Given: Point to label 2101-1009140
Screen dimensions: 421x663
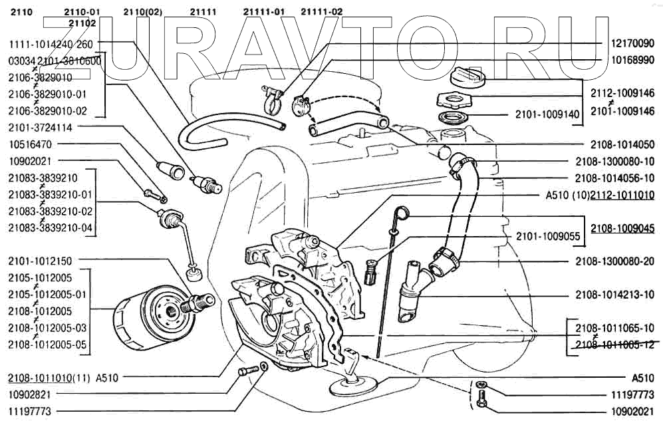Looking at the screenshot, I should click(547, 114).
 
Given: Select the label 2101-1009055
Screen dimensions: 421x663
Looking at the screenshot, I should click(547, 236).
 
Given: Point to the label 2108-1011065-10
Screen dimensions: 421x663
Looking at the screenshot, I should click(615, 327).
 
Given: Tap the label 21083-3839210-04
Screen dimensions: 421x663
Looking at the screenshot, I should click(51, 228).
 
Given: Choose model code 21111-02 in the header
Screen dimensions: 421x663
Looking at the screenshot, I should click(322, 12).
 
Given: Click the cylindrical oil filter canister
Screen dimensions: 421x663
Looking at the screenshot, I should click(136, 320).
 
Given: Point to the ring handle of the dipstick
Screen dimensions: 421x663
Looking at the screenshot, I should click(401, 212).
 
